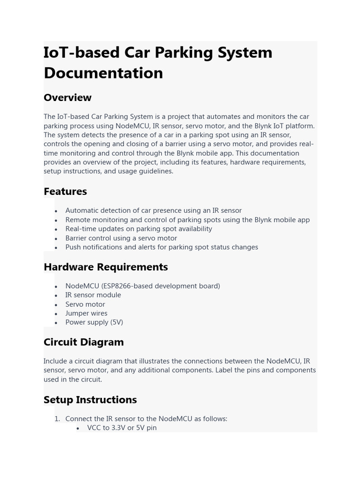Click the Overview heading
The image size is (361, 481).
[67, 97]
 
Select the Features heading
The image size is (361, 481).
[65, 191]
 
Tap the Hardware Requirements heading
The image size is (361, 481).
[105, 267]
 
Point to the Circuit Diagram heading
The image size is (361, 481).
[84, 342]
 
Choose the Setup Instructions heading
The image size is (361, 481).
[90, 400]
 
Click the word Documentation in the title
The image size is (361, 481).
[103, 73]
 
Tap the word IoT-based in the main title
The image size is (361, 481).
[81, 52]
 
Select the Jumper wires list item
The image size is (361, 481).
[86, 313]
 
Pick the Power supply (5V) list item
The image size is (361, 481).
[94, 322]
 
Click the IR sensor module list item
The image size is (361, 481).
[93, 295]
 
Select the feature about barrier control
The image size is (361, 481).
[121, 238]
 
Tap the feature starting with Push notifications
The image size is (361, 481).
[161, 247]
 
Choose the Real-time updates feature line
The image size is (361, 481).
[139, 229]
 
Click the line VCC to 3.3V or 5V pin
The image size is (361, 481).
[122, 428]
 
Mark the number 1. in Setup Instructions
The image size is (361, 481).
[57, 419]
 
